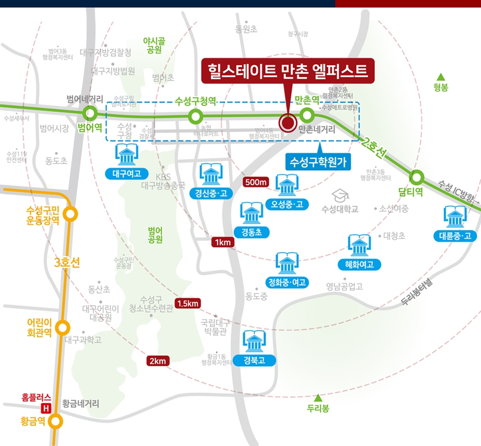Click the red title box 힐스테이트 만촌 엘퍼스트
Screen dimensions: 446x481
point(288,71)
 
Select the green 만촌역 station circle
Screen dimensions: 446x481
point(307,116)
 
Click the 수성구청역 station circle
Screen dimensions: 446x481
point(195,117)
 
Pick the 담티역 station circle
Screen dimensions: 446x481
point(417,178)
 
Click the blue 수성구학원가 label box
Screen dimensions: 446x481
point(318,162)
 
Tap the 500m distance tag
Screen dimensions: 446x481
point(256,182)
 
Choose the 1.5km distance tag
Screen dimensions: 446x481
point(188,303)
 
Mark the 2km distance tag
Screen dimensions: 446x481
point(159,361)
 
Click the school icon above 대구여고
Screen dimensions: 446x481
point(126,155)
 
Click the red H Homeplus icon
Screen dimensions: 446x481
point(47,408)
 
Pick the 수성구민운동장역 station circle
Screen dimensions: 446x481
point(71,214)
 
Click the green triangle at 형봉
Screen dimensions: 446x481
point(441,77)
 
